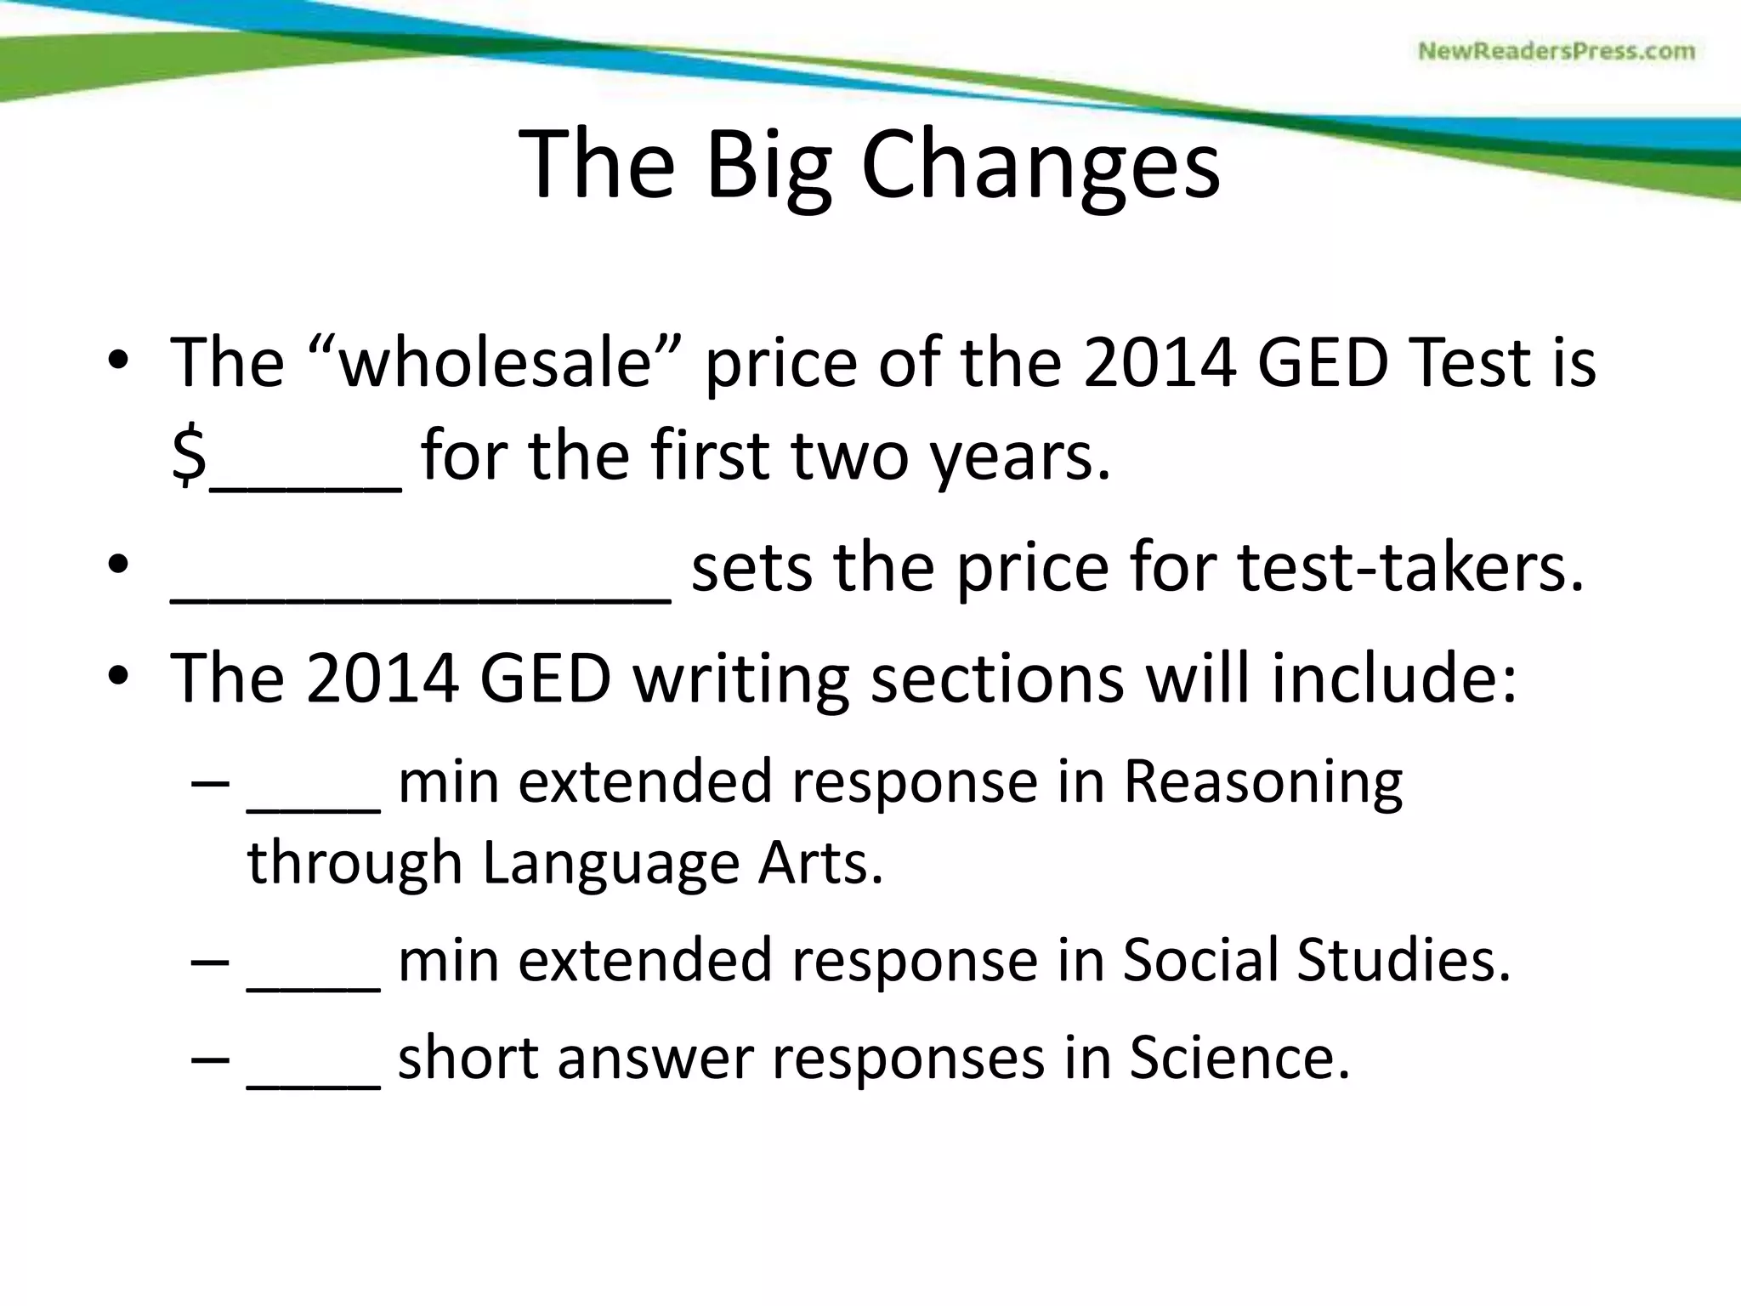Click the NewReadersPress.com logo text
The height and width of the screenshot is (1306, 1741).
coord(1557,51)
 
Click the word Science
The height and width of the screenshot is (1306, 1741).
coord(1239,1059)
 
